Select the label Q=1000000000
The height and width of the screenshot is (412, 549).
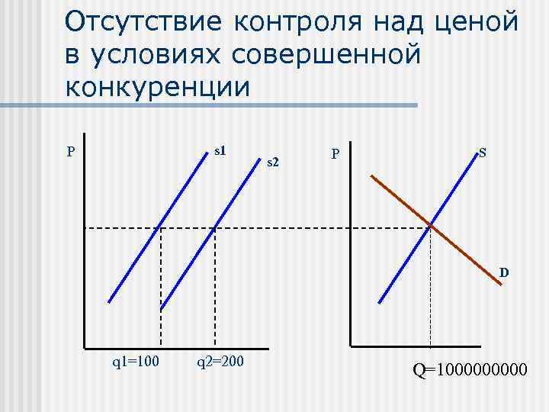[x=470, y=371]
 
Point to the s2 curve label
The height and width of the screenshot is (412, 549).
[x=274, y=161]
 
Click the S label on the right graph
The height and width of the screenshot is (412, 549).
[x=483, y=153]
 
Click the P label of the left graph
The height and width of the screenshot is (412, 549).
[x=70, y=151]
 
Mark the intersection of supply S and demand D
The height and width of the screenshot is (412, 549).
[x=431, y=226]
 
